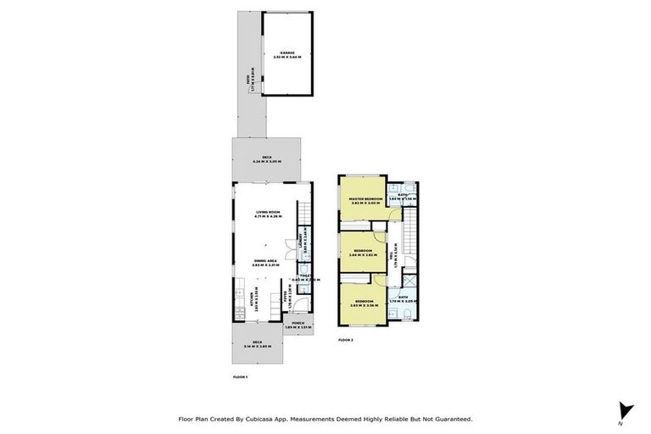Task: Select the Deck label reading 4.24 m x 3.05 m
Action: click(266, 159)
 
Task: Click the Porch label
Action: click(298, 325)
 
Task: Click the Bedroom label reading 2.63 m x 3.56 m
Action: click(364, 303)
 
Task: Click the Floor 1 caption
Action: click(239, 376)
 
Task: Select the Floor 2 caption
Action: click(345, 340)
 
